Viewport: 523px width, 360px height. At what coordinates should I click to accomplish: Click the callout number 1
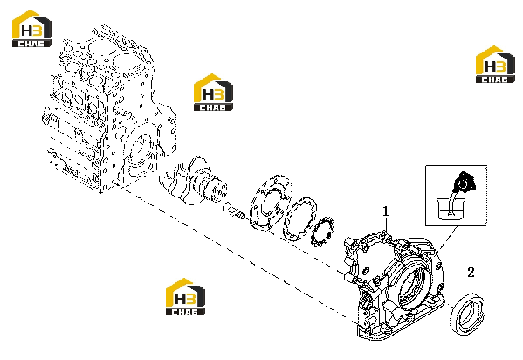point(386,211)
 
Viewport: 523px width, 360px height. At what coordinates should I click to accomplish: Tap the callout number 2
point(471,273)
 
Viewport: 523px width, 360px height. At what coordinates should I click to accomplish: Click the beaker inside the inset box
point(451,209)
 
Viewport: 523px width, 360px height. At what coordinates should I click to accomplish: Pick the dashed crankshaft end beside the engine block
point(194,181)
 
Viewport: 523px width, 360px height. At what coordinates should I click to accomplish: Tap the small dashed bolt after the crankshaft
point(234,211)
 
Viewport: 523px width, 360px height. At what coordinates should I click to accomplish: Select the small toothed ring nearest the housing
point(322,232)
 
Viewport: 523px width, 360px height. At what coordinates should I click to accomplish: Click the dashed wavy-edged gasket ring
point(299,218)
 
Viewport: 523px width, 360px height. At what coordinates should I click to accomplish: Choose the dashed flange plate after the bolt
point(271,202)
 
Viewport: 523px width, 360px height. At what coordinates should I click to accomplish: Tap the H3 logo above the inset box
point(495,64)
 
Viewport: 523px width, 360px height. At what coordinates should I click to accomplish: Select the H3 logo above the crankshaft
point(213,92)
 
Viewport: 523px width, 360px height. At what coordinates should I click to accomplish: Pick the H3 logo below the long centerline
point(185,296)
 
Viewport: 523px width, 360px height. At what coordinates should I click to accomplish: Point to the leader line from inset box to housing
point(448,239)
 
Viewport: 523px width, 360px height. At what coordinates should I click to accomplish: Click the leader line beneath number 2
point(471,287)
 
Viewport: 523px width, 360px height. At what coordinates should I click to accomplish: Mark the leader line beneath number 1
point(386,227)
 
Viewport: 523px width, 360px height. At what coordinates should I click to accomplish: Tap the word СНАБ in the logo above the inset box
point(495,80)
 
